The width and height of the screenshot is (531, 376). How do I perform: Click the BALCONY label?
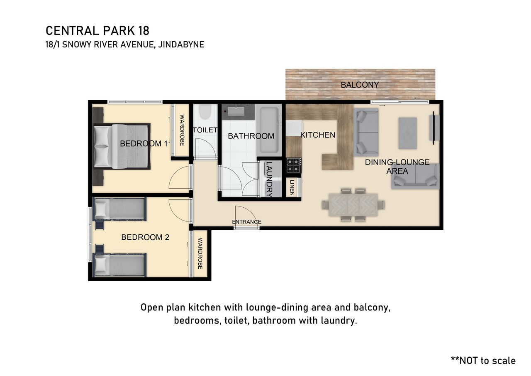[x=360, y=85]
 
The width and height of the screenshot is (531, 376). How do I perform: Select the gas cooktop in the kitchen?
[x=294, y=165]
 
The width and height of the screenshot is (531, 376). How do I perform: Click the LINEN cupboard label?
[x=292, y=187]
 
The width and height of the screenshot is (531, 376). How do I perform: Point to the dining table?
[x=353, y=205]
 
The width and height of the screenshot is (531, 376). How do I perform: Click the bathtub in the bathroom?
[x=269, y=130]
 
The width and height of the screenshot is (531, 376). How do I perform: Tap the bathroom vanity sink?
[x=236, y=111]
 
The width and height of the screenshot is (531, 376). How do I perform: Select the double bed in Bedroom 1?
[x=122, y=146]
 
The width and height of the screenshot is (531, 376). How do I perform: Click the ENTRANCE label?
[x=246, y=222]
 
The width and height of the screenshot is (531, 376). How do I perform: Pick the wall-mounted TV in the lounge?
[x=434, y=128]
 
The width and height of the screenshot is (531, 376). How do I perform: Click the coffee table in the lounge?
[x=407, y=133]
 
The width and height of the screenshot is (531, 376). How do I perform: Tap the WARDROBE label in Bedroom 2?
[x=200, y=253]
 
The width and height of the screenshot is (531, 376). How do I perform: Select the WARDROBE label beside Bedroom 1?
[x=182, y=130]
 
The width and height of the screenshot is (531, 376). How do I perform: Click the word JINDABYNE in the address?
[x=181, y=44]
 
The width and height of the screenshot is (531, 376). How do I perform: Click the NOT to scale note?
[x=483, y=361]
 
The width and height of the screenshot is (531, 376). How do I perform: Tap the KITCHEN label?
[x=318, y=135]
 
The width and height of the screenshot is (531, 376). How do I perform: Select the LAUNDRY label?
[x=269, y=179]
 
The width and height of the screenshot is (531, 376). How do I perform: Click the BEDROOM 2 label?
[x=145, y=237]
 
